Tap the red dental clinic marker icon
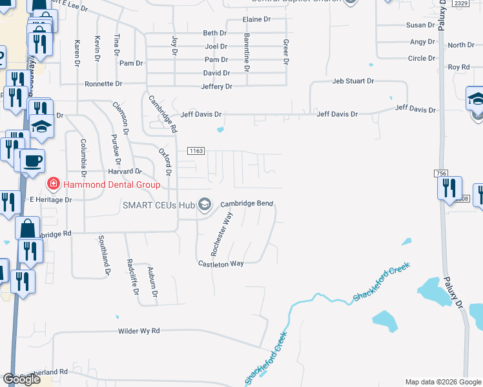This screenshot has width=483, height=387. click(52, 185)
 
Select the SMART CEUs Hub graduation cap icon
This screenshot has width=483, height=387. click(205, 205)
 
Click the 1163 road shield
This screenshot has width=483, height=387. click(196, 151)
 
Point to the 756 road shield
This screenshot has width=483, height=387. click(441, 174)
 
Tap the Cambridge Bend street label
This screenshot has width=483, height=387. click(247, 204)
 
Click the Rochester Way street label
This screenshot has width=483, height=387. click(220, 234)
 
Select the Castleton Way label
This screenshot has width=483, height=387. click(220, 263)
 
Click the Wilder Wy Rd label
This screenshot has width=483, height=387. click(138, 331)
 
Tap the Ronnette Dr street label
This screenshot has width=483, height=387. click(103, 84)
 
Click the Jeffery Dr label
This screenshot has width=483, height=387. click(216, 86)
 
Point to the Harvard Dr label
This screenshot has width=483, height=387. click(125, 172)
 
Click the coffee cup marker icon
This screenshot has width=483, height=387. click(33, 161)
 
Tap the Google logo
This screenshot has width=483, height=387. click(21, 380)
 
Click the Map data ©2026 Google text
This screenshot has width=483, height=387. click(442, 382)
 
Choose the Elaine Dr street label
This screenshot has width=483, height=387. click(256, 20)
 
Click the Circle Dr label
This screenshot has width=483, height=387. click(422, 58)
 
